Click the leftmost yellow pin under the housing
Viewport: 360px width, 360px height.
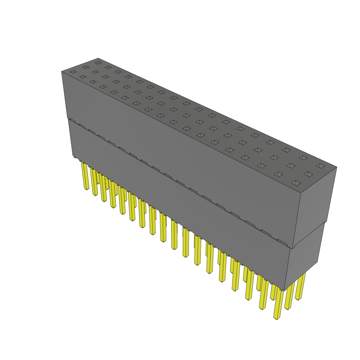(85, 177)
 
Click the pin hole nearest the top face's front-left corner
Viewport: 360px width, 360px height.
(73, 72)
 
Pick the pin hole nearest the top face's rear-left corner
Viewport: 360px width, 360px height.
(98, 63)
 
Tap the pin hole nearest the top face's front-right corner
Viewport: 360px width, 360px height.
(296, 183)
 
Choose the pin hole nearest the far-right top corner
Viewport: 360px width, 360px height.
(320, 166)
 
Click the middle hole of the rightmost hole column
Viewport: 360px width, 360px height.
(308, 174)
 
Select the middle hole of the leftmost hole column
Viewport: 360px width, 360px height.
(86, 67)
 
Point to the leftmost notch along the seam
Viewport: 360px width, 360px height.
(72, 121)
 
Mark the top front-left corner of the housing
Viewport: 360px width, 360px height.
(62, 71)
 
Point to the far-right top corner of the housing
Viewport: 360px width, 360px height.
(337, 167)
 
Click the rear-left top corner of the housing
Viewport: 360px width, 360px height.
(98, 58)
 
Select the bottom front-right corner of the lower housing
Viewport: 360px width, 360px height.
(284, 291)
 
